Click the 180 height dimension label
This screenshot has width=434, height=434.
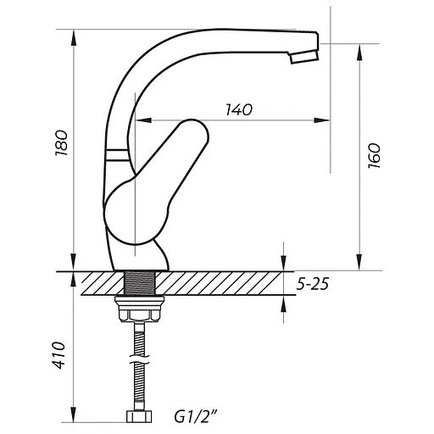[61, 142]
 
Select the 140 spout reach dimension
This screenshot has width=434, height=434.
[239, 109]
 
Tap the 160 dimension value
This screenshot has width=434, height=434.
[375, 156]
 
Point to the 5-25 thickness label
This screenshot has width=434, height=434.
[313, 284]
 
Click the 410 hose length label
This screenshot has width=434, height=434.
[59, 355]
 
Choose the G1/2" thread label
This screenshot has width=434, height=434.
[196, 416]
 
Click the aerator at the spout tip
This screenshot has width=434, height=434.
[304, 57]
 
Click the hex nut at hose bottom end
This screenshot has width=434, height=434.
[139, 416]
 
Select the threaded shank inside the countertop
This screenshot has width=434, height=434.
[140, 283]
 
